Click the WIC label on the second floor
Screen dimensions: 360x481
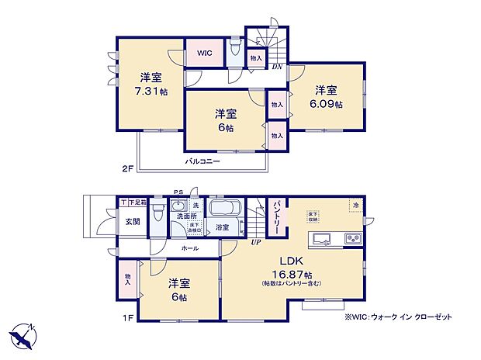coord(204,53)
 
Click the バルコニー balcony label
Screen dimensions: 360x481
coord(202,162)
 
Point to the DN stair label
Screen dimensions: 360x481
coord(277,67)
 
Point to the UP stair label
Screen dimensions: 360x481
coord(254,243)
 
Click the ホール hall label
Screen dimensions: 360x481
coord(189,248)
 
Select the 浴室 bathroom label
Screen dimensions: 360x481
coord(222,227)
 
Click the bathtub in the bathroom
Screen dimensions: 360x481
coord(225,209)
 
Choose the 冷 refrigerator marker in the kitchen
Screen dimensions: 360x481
coord(355,205)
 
